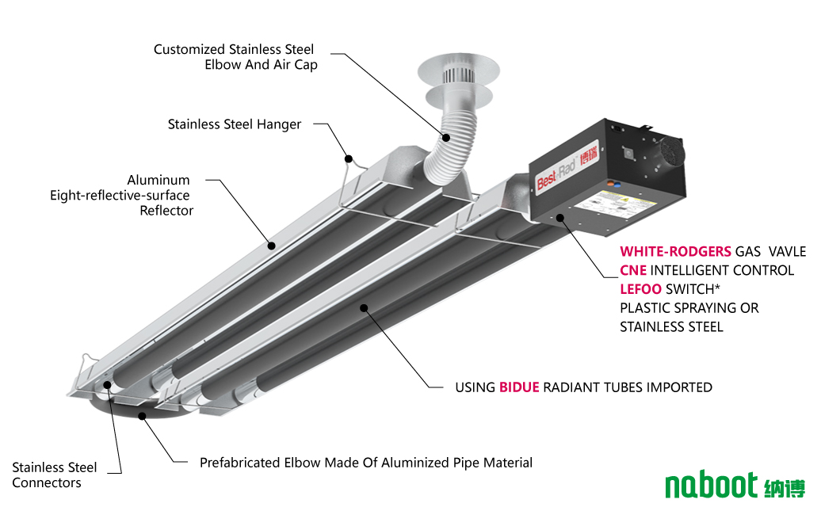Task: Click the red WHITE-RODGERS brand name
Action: point(675,251)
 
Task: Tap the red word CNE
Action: point(632,270)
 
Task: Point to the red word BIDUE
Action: point(519,387)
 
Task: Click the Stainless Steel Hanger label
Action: point(235,124)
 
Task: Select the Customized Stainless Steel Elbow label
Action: point(235,57)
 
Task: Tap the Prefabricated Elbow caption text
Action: point(365,463)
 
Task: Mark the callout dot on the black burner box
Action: point(559,216)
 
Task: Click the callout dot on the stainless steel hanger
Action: point(347,158)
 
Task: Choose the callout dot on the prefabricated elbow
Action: point(143,415)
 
